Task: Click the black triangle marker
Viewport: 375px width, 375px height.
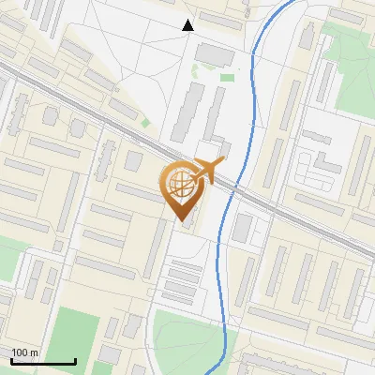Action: coord(187,24)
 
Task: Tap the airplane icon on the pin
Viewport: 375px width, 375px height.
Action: coord(206,172)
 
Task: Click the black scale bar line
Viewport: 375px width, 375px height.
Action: coord(43,361)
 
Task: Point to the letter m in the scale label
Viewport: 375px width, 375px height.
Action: coord(34,352)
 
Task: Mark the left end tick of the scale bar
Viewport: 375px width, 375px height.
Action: coord(11,359)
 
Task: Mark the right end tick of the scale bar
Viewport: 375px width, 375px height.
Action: coord(75,359)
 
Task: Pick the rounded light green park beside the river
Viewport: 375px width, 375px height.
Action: coord(187,333)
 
